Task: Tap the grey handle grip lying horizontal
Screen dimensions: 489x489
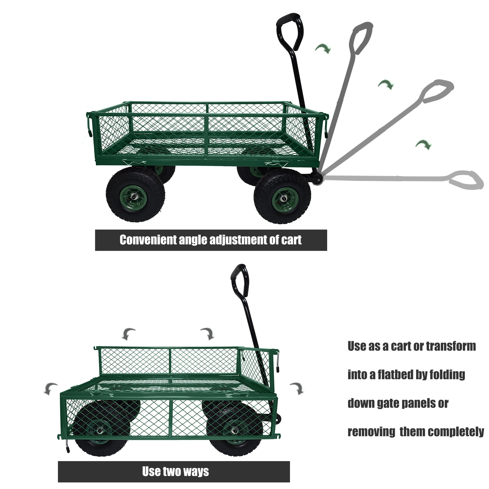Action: (466, 180)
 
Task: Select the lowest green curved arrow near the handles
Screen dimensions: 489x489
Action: (423, 144)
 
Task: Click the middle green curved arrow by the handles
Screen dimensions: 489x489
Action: (386, 84)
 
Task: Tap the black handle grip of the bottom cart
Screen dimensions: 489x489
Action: (240, 281)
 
